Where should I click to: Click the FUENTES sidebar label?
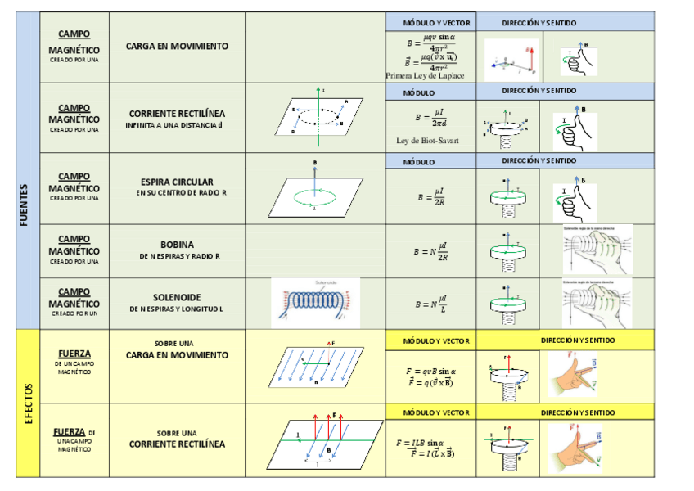(27, 204)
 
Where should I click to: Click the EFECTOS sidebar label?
(27, 403)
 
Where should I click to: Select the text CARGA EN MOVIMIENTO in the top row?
(177, 47)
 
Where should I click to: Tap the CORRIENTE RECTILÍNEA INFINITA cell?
(177, 119)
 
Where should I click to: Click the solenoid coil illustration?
(315, 302)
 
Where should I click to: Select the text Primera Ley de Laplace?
(425, 75)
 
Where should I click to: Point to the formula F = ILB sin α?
(429, 443)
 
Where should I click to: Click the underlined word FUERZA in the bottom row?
(70, 431)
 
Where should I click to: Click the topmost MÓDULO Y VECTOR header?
(431, 21)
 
